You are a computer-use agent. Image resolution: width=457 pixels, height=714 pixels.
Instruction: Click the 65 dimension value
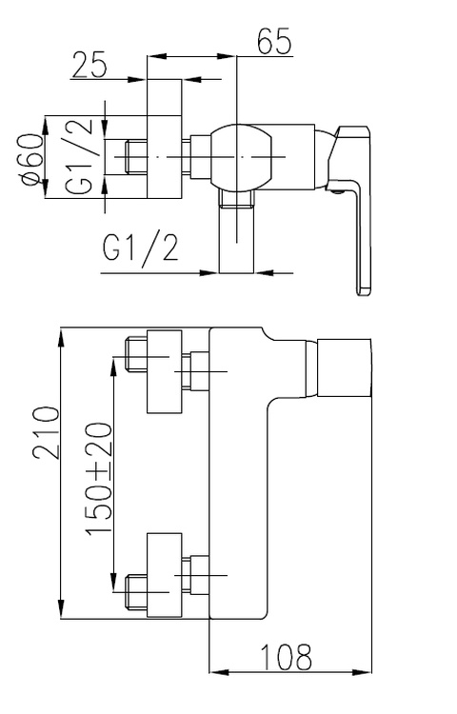pyautogui.click(x=274, y=41)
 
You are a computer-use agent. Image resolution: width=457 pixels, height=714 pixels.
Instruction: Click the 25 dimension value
pyautogui.click(x=89, y=65)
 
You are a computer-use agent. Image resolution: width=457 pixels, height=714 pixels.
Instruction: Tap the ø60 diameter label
pyautogui.click(x=33, y=159)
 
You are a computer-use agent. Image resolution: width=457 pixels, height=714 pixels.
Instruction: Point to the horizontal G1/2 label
pyautogui.click(x=140, y=246)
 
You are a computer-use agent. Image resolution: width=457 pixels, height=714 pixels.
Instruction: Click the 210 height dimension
pyautogui.click(x=47, y=433)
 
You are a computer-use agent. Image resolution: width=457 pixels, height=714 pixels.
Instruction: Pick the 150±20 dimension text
pyautogui.click(x=99, y=479)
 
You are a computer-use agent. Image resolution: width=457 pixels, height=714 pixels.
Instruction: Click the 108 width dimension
pyautogui.click(x=286, y=657)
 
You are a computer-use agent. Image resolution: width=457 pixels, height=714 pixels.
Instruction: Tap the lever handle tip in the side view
pyautogui.click(x=364, y=291)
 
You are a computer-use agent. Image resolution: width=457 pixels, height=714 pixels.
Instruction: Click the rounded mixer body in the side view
pyautogui.click(x=243, y=156)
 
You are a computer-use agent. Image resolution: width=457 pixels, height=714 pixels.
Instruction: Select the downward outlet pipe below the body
pyautogui.click(x=236, y=231)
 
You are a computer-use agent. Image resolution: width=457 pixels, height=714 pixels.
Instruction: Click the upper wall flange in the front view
pyautogui.click(x=165, y=372)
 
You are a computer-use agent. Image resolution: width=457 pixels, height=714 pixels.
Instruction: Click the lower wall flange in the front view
pyautogui.click(x=165, y=575)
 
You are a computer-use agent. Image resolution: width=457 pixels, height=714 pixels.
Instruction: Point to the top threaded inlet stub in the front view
pyautogui.click(x=136, y=354)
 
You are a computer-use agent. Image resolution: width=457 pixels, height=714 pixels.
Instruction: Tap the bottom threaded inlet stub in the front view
pyautogui.click(x=136, y=592)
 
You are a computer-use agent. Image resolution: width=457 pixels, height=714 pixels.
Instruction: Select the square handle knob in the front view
pyautogui.click(x=344, y=367)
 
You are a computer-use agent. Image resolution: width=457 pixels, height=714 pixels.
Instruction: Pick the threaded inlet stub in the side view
pyautogui.click(x=136, y=157)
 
